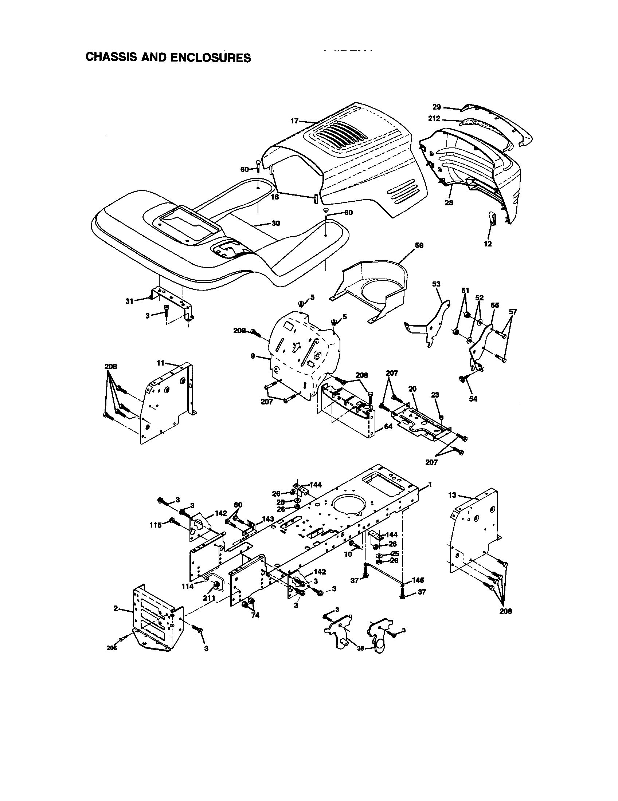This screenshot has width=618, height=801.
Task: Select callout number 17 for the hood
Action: (295, 121)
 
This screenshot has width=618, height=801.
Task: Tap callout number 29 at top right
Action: (436, 107)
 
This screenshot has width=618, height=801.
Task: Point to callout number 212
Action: (434, 118)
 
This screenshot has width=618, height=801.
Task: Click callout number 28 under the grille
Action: (449, 202)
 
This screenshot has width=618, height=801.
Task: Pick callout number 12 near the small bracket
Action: (488, 244)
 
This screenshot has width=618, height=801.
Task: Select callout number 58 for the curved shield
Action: (419, 245)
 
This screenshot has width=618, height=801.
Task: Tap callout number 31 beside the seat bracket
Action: (129, 301)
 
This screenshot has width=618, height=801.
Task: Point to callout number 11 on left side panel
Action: (160, 363)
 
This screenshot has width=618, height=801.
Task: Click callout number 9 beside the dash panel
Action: (253, 356)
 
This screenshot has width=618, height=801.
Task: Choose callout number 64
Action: (388, 427)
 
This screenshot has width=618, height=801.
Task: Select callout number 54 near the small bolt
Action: (473, 399)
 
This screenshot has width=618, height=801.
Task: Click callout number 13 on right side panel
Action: (452, 495)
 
